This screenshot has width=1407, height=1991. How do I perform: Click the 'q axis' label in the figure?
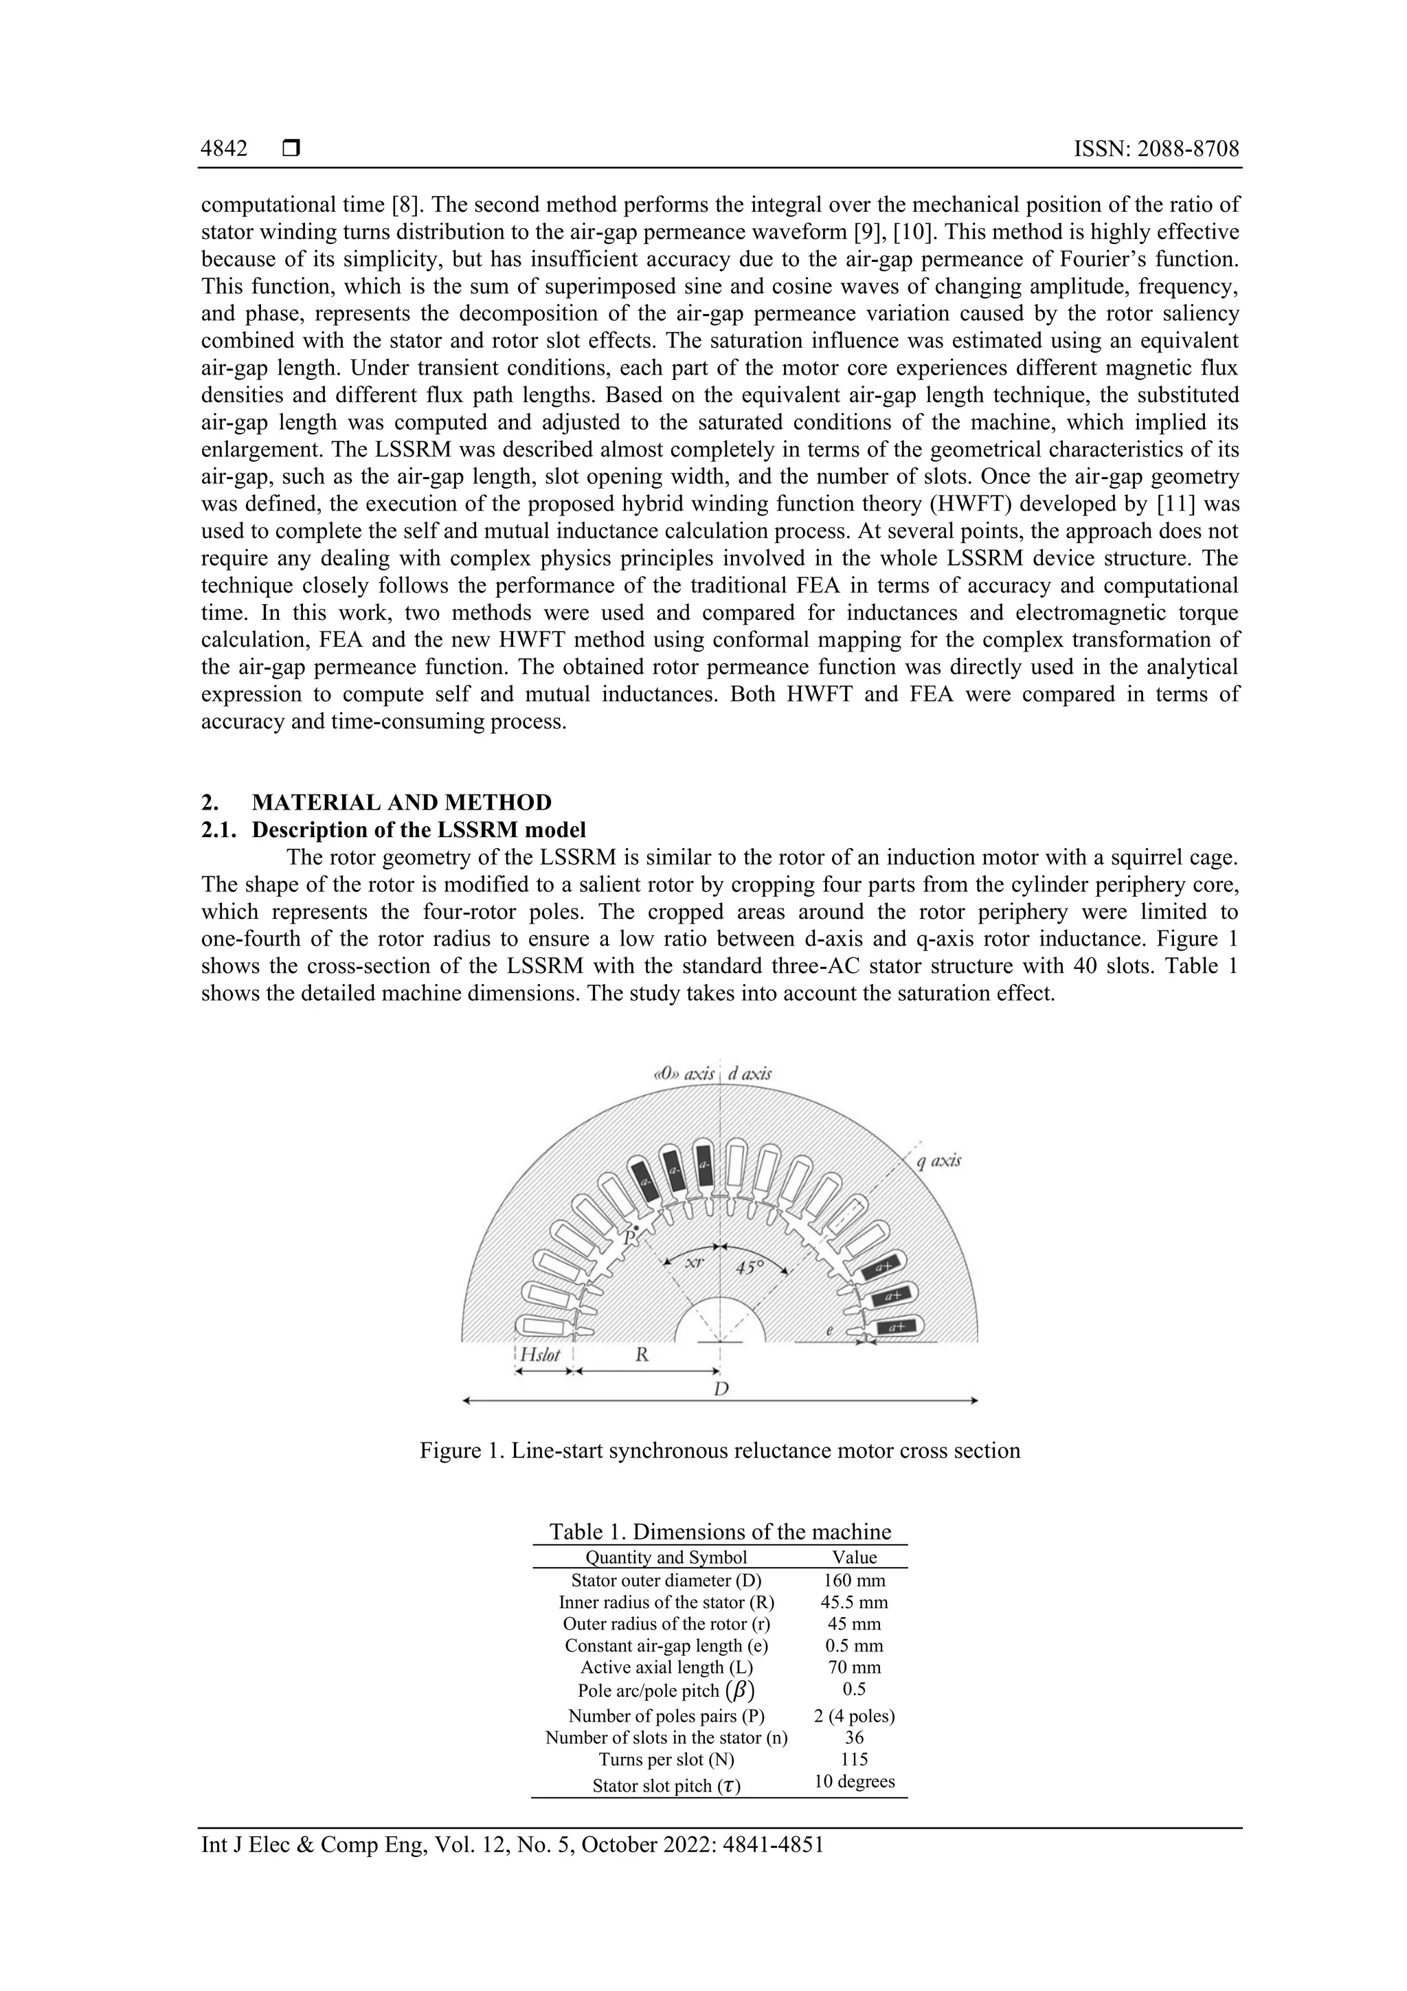(x=937, y=1160)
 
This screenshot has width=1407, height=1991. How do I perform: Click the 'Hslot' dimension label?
(x=540, y=1355)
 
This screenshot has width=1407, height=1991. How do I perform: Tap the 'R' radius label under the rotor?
(x=642, y=1355)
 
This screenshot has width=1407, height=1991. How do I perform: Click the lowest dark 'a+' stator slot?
(x=898, y=1326)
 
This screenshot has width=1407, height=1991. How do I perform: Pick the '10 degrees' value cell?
(x=854, y=1781)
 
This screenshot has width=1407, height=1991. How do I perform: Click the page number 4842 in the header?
(x=224, y=149)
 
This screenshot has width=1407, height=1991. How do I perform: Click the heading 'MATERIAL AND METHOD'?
(x=401, y=802)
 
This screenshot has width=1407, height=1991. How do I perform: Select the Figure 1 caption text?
(x=719, y=1450)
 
